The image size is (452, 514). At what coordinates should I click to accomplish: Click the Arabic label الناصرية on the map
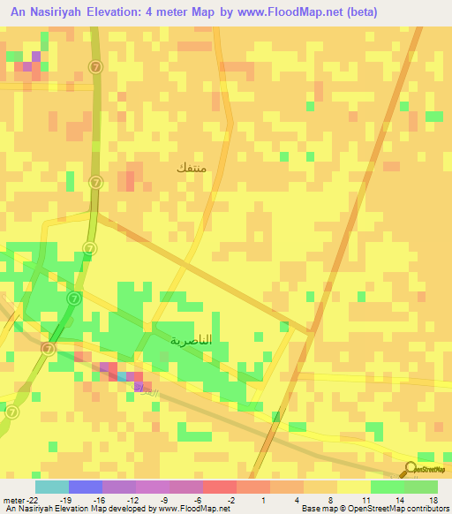coord(191,339)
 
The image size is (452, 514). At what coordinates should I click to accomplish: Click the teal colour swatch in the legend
coord(51,487)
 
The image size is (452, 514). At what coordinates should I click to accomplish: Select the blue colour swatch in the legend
coord(85,487)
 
